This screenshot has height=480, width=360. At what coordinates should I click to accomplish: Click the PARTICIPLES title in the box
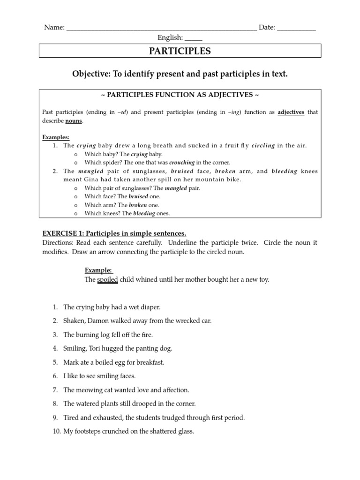tap(180, 51)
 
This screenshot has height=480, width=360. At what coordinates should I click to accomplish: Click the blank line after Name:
tap(162, 28)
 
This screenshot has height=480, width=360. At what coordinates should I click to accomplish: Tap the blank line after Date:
tap(296, 28)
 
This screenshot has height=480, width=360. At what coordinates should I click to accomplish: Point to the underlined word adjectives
tap(291, 112)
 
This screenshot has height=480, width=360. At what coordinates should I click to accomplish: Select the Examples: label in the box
tap(56, 137)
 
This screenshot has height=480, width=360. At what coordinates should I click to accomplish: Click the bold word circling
tap(263, 146)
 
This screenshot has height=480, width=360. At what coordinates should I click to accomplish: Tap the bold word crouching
tap(182, 163)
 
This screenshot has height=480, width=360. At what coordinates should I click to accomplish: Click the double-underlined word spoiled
tap(108, 280)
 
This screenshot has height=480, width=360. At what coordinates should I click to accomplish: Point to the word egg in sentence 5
tap(116, 362)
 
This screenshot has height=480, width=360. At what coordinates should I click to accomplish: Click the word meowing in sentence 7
tap(88, 390)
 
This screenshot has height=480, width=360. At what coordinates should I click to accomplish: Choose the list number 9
tap(55, 417)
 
